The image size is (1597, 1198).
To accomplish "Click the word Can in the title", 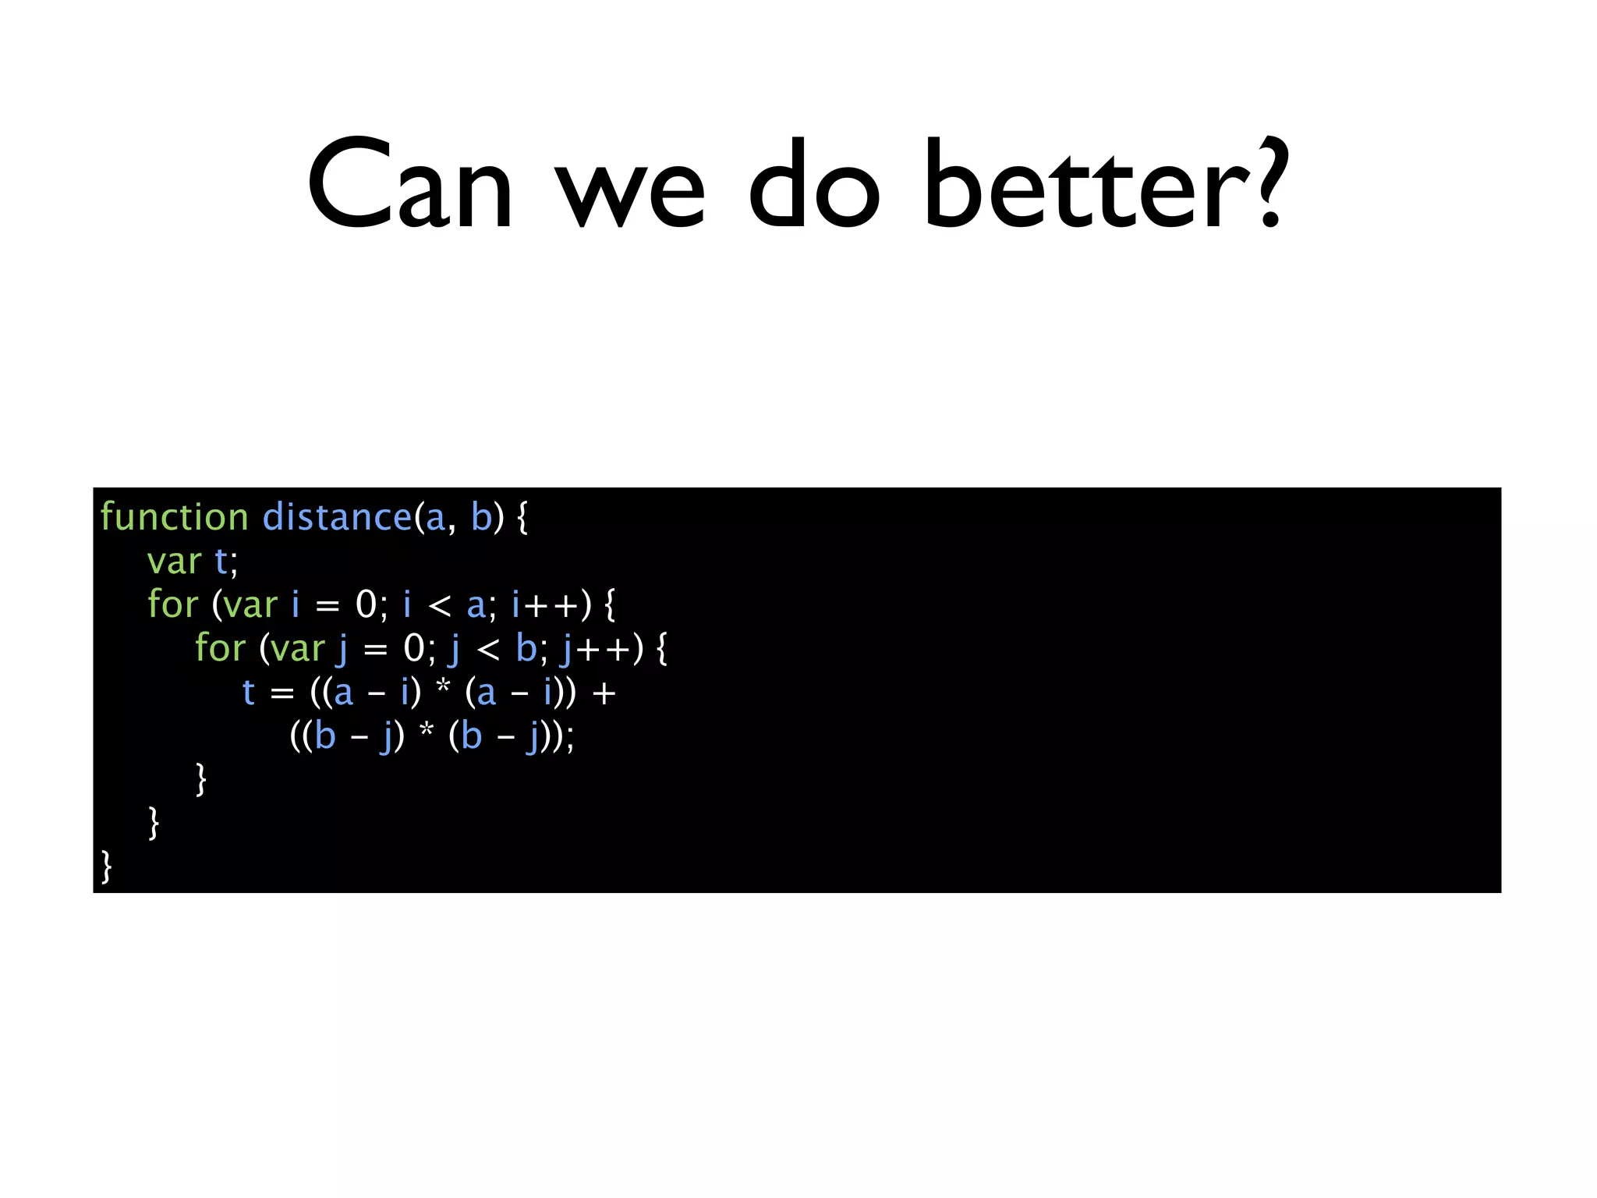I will (410, 186).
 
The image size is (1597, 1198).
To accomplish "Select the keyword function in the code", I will (174, 518).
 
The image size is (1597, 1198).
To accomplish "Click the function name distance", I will (337, 518).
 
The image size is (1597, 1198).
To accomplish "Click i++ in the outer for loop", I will (546, 605).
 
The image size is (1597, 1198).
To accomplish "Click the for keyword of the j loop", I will (220, 648).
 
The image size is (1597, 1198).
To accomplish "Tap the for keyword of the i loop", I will (173, 605).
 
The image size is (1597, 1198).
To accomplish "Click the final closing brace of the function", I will (106, 867).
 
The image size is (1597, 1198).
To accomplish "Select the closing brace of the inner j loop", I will (201, 779).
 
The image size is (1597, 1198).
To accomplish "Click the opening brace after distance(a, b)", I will (522, 518).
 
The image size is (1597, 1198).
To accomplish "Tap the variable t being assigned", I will (249, 693).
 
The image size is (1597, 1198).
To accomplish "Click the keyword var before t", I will (174, 562).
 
